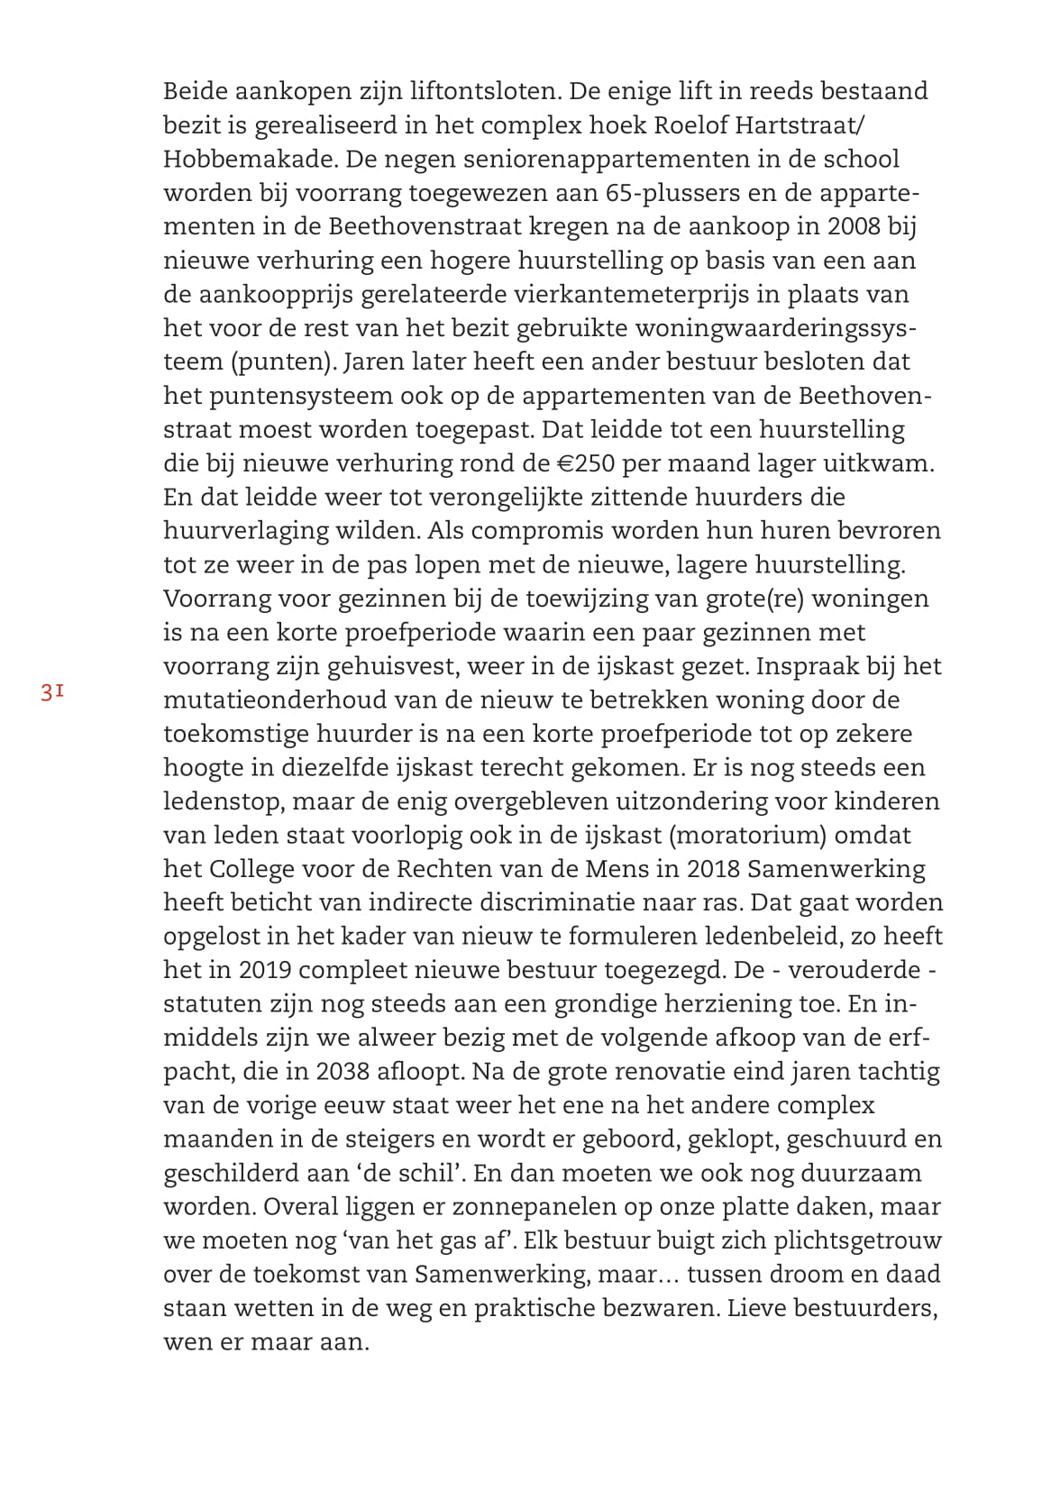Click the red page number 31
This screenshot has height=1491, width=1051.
click(x=50, y=692)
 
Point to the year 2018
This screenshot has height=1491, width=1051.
click(x=713, y=869)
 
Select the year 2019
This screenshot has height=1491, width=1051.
click(x=264, y=971)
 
